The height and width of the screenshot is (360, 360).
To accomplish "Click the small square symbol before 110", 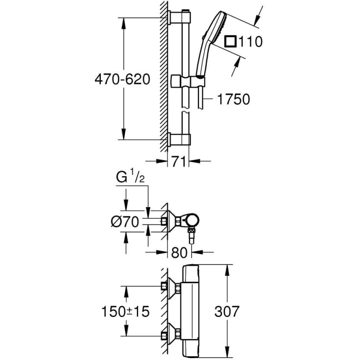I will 230,42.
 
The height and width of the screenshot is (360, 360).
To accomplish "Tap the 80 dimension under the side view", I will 181,253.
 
